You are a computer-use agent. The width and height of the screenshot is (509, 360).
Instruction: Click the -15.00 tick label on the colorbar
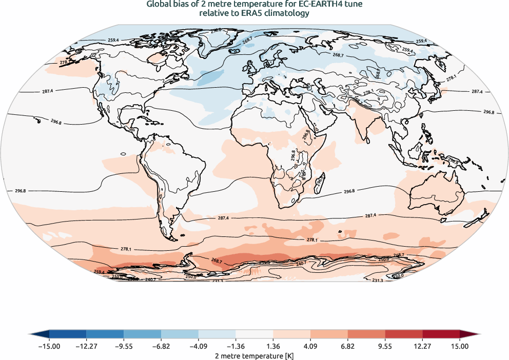coord(49,346)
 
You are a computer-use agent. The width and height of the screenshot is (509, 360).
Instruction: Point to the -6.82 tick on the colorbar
coord(161,346)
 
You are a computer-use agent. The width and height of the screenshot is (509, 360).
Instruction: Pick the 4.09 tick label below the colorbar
coord(310,346)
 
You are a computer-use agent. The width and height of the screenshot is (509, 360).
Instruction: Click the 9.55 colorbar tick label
coord(385,346)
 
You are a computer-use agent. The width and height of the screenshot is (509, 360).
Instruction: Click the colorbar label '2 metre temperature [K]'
coord(254,355)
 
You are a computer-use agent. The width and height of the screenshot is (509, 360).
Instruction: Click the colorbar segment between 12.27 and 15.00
coord(441,334)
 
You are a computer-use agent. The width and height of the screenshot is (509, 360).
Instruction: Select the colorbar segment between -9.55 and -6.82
coord(142,334)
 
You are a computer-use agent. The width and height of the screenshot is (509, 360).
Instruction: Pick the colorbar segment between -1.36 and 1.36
coord(254,334)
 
